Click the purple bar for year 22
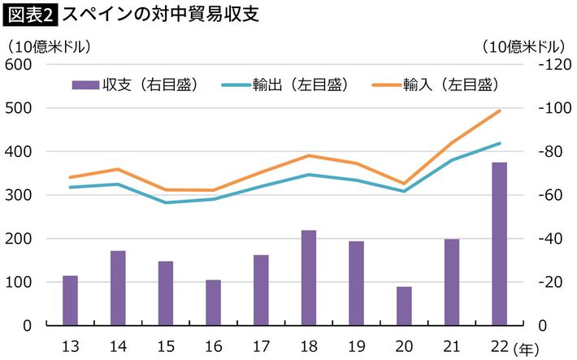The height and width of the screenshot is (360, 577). [499, 244]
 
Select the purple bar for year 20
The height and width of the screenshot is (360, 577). [404, 306]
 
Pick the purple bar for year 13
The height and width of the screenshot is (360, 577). [71, 301]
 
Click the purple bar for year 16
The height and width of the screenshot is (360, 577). [214, 303]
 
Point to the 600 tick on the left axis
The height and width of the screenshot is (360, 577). [18, 65]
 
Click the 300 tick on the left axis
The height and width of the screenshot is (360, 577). [18, 195]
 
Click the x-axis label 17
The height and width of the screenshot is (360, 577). [261, 345]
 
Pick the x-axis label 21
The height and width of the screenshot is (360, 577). [451, 345]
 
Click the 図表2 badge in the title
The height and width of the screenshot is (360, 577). [29, 14]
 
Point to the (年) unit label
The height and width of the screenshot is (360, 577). [527, 349]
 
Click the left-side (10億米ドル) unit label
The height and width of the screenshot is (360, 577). [49, 46]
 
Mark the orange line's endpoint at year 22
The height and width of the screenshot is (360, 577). [499, 111]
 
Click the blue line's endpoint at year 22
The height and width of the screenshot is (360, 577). [499, 144]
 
